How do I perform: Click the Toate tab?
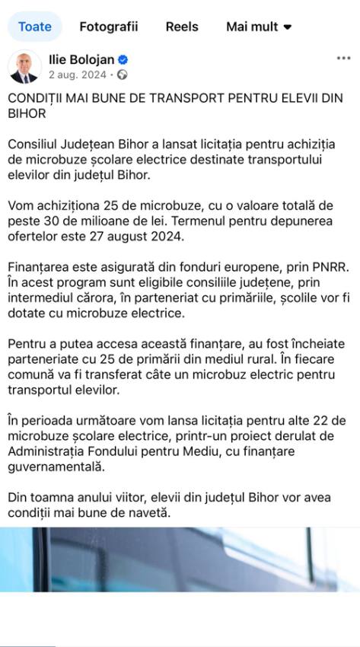coord(35,27)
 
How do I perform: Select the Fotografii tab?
coord(109,27)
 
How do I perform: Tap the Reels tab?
coord(182,27)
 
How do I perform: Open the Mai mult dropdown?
coord(259,27)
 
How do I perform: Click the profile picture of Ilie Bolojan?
coord(24,68)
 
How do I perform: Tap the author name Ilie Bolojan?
coord(81,60)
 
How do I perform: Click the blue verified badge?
coord(122,60)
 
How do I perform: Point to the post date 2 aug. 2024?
coord(77,75)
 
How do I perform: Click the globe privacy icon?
coord(123,75)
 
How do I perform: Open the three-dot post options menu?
coord(343,59)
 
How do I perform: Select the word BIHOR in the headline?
coord(27,114)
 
